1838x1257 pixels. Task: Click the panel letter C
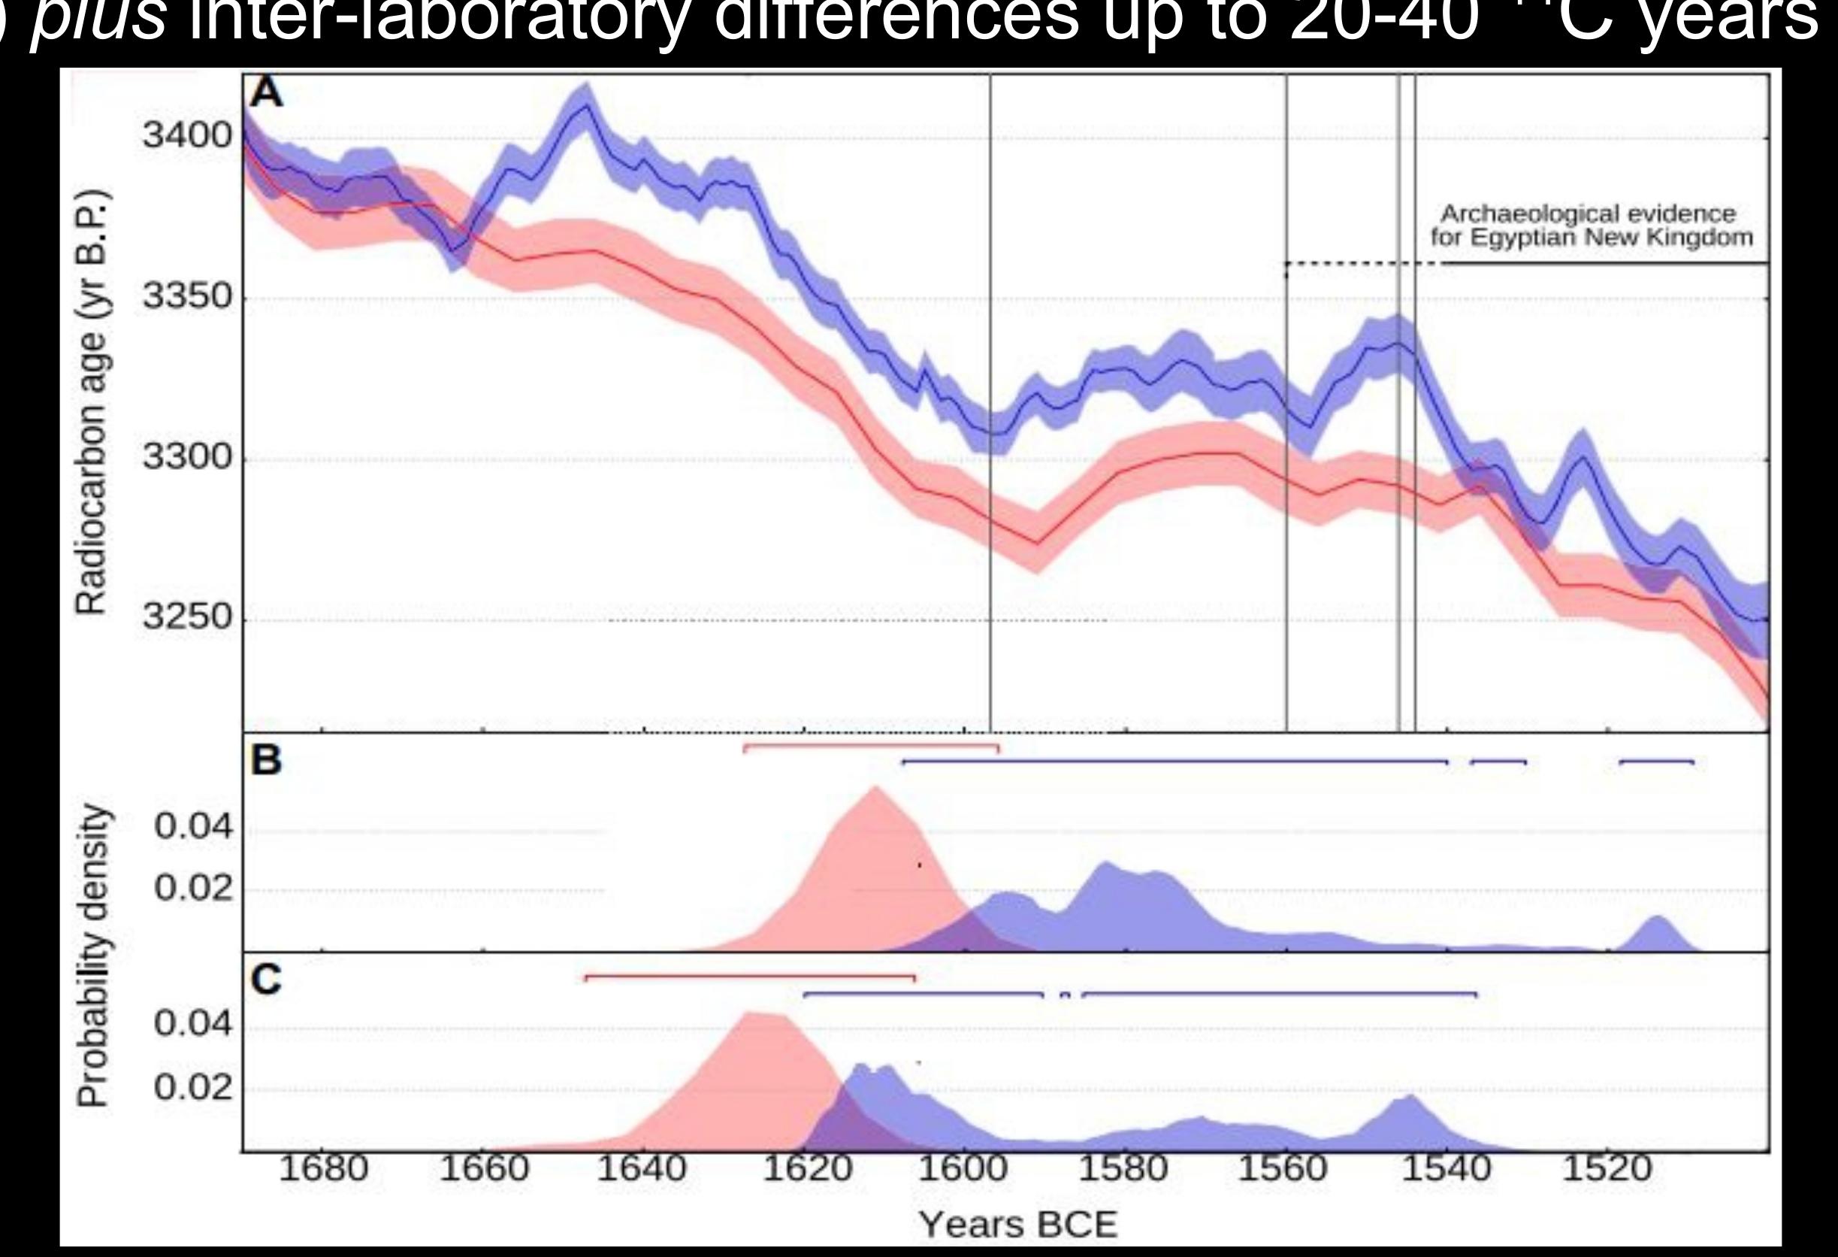266,980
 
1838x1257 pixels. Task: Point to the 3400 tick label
187,135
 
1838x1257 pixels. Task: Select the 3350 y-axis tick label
187,298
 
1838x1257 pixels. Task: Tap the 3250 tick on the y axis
187,618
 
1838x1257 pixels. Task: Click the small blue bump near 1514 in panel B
1656,922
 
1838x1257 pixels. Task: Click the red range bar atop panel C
750,976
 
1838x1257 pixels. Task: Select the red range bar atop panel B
871,745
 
